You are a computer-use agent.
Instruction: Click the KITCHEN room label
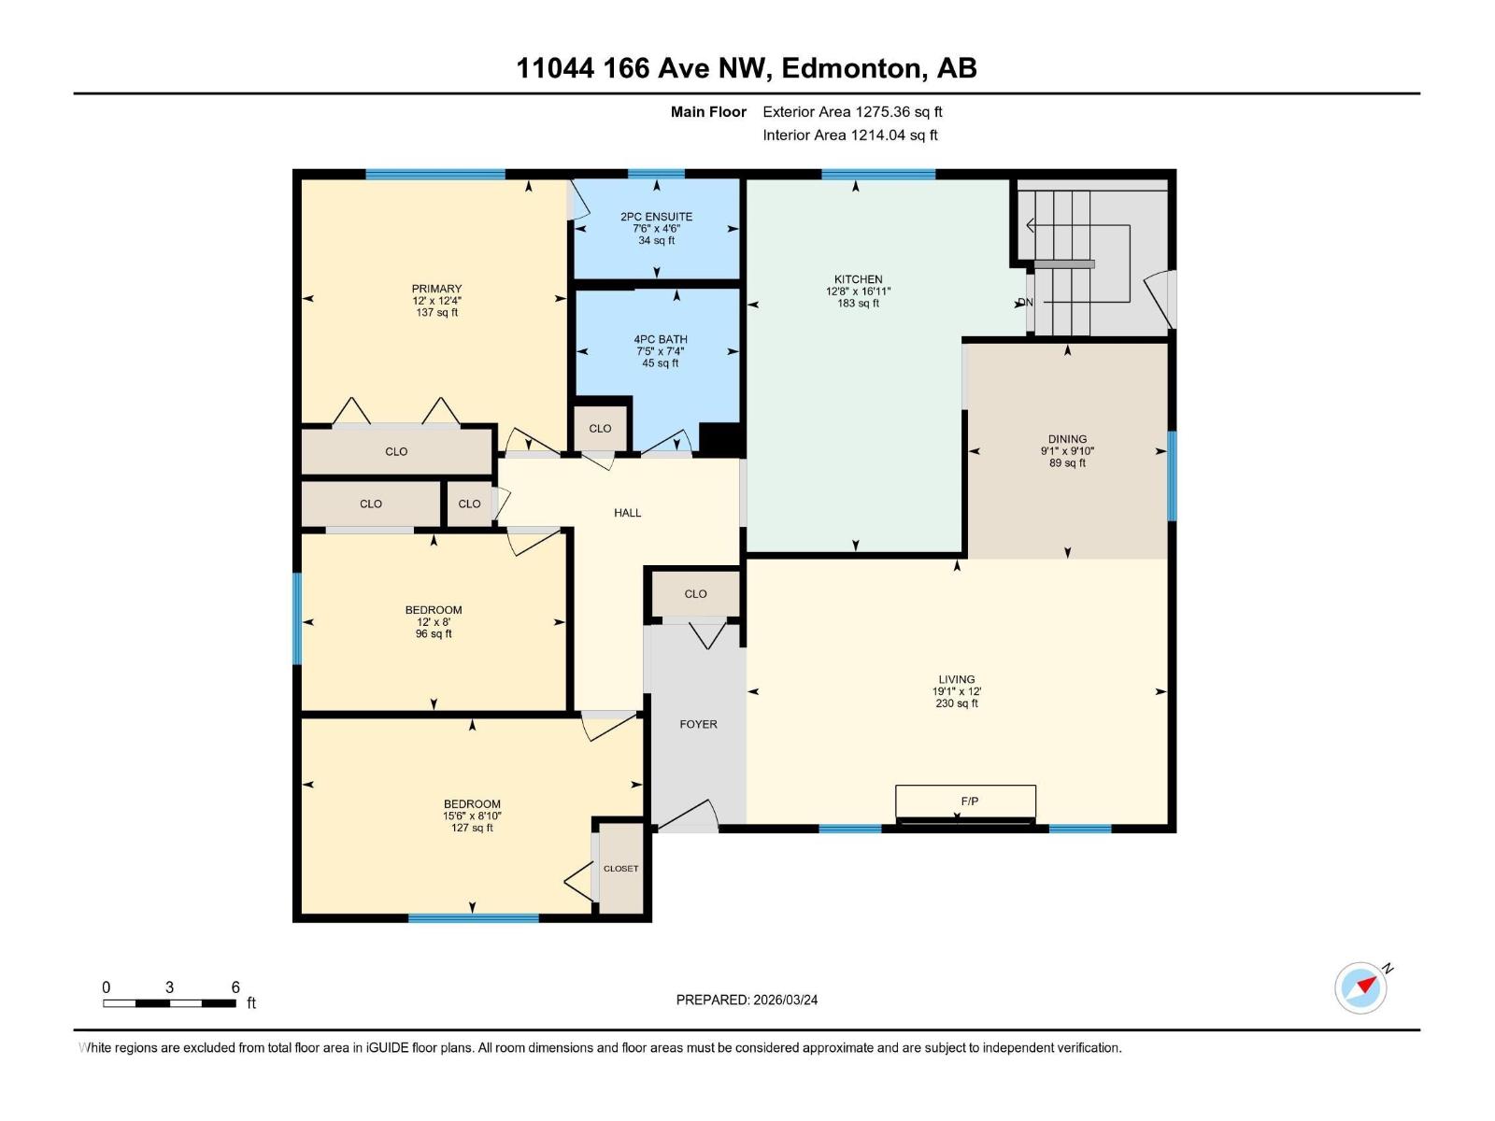coord(858,279)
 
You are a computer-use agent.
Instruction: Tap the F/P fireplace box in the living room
coord(965,802)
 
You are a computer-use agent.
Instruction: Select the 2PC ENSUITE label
coord(656,217)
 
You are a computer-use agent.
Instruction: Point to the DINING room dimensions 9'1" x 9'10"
coord(1067,451)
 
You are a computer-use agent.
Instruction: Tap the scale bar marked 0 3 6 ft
coord(169,1002)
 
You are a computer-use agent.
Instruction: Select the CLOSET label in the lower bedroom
coord(620,869)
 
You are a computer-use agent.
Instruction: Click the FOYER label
coord(698,724)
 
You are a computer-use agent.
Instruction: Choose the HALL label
coord(627,513)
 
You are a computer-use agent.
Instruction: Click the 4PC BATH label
coord(660,340)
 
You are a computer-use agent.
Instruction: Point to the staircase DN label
coord(1026,303)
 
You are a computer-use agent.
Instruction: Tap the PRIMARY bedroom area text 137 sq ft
coord(436,313)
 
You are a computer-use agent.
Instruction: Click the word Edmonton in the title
coord(850,68)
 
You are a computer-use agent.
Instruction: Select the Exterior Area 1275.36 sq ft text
coord(852,112)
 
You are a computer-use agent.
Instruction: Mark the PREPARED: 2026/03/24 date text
coord(747,1000)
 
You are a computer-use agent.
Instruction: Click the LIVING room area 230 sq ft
coord(956,703)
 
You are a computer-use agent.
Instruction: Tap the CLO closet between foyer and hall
coord(695,594)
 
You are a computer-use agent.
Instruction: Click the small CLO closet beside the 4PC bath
coord(600,429)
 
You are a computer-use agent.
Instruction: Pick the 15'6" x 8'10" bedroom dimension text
coord(472,816)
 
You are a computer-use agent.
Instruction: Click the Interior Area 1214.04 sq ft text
coord(849,135)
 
